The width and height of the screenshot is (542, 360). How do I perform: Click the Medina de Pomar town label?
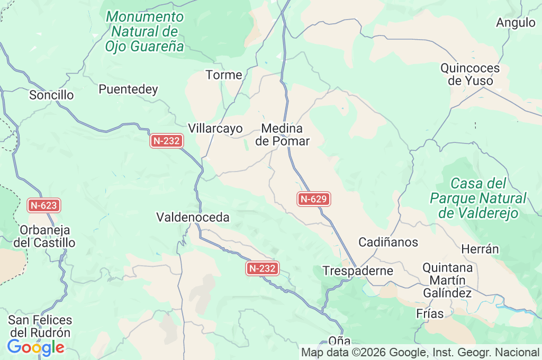pos(282,135)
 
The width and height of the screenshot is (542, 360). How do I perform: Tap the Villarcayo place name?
pos(215,129)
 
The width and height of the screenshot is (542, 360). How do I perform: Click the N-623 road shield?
pos(44,205)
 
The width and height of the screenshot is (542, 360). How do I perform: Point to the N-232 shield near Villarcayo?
pos(167,141)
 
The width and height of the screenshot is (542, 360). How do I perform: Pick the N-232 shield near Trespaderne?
pos(263,268)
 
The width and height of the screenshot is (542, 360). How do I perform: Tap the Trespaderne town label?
pos(358,271)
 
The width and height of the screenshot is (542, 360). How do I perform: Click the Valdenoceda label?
pos(193,217)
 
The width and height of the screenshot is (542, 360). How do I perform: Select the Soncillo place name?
pos(51,95)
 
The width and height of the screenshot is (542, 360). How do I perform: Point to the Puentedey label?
pos(129,89)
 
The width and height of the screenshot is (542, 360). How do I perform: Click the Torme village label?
pos(224,75)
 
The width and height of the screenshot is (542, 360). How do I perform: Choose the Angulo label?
pos(516,23)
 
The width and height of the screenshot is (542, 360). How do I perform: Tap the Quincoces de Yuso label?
pos(470,75)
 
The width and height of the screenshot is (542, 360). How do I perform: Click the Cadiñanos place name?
pos(389,242)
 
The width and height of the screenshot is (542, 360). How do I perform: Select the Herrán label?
pos(480,249)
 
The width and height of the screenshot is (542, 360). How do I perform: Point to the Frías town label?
pos(430,313)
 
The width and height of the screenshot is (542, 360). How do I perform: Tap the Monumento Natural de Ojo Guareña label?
pos(144,32)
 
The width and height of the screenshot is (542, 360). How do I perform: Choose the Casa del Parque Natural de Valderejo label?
pos(478,199)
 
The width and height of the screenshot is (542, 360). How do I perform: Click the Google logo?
pos(35,347)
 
